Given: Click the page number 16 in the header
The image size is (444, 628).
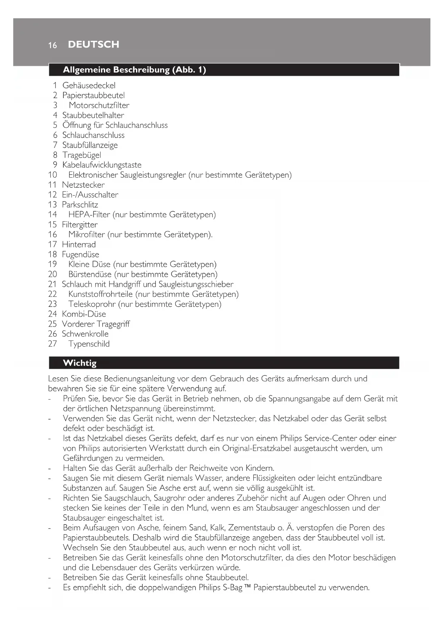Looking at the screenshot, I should tap(53, 45).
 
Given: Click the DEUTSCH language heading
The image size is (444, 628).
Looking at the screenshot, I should tap(93, 44).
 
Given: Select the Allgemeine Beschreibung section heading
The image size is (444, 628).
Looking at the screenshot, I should tap(134, 69).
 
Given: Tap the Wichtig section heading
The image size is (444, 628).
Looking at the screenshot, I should tap(79, 363).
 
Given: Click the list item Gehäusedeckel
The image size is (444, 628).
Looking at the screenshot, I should tap(89, 85).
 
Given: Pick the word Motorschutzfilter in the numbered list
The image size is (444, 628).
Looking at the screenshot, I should tap(99, 105).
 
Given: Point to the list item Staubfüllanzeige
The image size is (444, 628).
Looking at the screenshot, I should tap(90, 145).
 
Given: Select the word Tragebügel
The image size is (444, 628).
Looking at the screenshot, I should tap(82, 155).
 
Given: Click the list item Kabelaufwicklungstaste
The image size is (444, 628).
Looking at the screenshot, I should tap(102, 165).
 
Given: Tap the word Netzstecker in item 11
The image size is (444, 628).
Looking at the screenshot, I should tap(83, 185).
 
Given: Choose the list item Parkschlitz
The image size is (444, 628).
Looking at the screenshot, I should tap(80, 205).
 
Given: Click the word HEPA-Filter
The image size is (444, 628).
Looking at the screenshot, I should tap(89, 214).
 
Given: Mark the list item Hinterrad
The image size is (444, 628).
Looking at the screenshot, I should tap(79, 245).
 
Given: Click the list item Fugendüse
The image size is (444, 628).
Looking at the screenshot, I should tap(80, 255).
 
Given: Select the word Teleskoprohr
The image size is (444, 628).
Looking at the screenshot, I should tap(92, 304).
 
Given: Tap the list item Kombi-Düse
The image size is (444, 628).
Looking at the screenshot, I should tap(84, 314).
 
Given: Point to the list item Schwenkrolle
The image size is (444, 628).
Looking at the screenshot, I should tap(85, 334).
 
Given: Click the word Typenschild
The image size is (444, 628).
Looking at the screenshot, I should tap(89, 344).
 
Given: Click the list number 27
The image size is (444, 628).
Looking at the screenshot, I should tap(53, 344).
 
